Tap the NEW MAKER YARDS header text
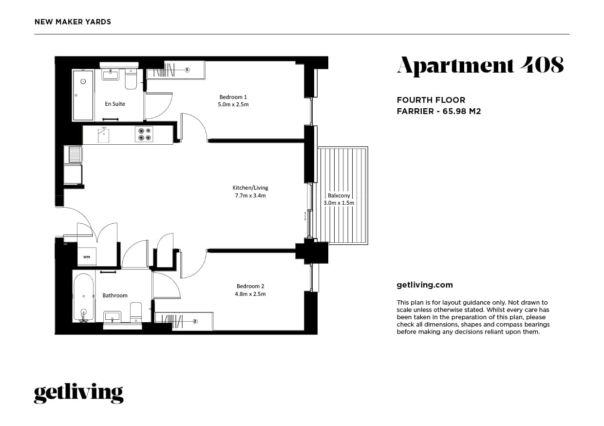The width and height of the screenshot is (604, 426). (x=73, y=22)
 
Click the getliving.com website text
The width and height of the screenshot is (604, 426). (x=425, y=285)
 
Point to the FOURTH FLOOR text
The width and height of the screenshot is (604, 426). (x=431, y=100)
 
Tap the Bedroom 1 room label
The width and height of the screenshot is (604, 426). (x=233, y=97)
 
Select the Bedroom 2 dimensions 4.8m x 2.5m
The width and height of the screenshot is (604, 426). (x=251, y=294)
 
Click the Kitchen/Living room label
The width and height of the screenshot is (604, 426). (x=250, y=188)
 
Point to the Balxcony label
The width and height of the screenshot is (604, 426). (x=339, y=195)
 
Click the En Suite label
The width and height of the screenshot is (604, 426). (x=115, y=104)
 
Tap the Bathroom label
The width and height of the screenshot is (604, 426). (x=115, y=295)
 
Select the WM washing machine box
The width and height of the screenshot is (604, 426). (x=87, y=256)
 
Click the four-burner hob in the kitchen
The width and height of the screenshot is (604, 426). (x=144, y=135)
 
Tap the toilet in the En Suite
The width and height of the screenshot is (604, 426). (x=131, y=79)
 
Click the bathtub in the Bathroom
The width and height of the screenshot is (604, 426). (x=83, y=297)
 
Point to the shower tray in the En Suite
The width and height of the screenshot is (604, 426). (x=83, y=95)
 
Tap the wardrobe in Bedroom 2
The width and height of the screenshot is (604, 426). (x=184, y=321)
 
